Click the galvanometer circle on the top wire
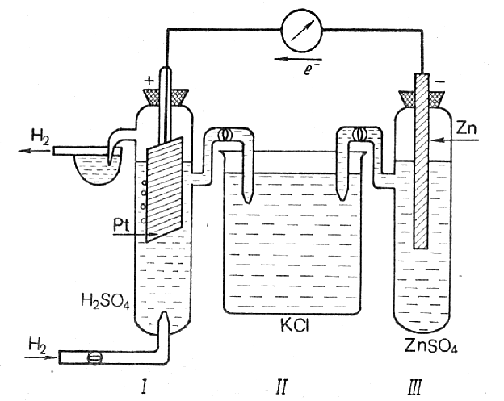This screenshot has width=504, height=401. (x=302, y=30)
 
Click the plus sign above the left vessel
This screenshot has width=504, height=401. (x=149, y=80)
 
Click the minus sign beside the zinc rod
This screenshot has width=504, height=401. (x=442, y=82)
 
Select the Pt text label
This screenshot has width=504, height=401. (x=121, y=225)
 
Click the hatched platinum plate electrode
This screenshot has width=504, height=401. (x=165, y=190)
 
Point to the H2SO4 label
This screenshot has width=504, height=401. (x=106, y=302)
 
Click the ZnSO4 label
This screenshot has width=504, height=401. (x=431, y=346)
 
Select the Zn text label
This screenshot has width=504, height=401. (x=466, y=128)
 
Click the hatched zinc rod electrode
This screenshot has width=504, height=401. (x=421, y=161)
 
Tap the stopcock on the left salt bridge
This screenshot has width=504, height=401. (x=224, y=134)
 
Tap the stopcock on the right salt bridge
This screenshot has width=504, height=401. (x=359, y=134)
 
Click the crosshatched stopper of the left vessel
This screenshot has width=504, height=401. (x=166, y=97)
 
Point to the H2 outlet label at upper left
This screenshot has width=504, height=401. (x=40, y=136)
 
